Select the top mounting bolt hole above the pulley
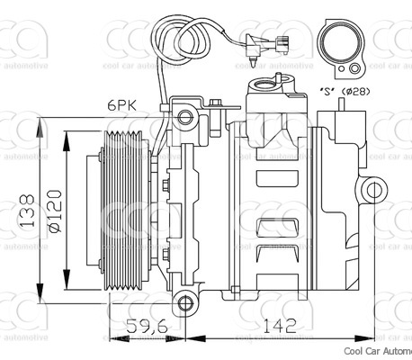pyautogui.click(x=184, y=116)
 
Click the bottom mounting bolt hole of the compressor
pyautogui.click(x=184, y=301)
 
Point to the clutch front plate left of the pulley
pyautogui.click(x=91, y=209)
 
